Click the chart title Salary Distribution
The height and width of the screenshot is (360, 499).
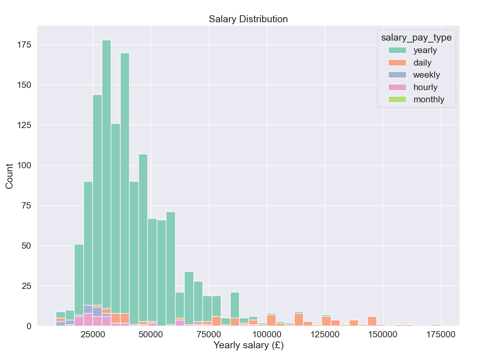click(248, 19)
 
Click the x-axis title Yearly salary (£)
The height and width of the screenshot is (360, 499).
click(248, 346)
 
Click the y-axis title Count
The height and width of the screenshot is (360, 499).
click(9, 176)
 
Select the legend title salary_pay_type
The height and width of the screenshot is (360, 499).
click(416, 37)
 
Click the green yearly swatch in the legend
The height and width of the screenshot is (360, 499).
click(397, 50)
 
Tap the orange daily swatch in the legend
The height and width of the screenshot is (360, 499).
click(397, 62)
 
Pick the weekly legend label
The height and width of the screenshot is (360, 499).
click(426, 75)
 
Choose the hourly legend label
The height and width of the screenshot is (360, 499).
click(425, 87)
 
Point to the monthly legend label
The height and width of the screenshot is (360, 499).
click(429, 100)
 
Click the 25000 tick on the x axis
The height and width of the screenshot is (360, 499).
click(93, 335)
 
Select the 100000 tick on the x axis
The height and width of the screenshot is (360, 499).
click(267, 335)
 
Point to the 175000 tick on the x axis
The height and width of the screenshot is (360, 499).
click(441, 335)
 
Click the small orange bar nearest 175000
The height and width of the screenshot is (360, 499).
click(436, 325)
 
